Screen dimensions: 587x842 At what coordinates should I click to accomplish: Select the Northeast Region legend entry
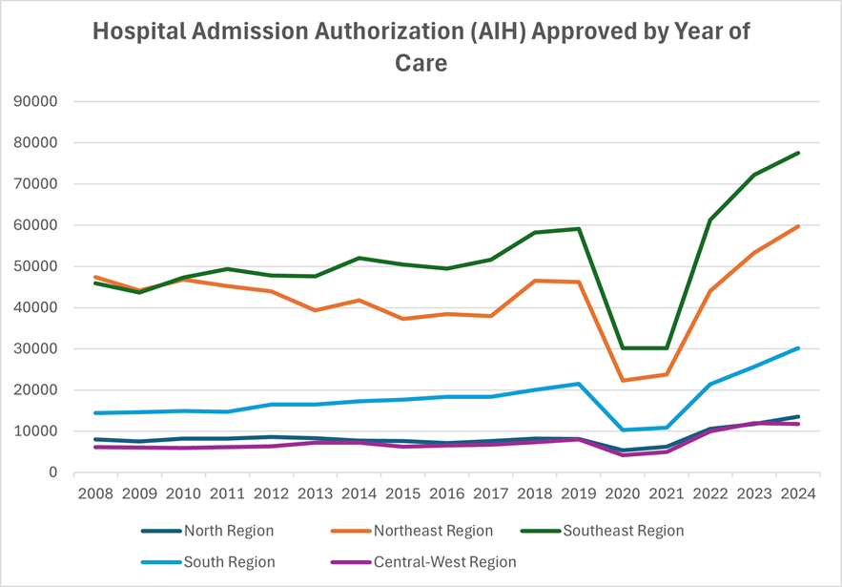point(432,531)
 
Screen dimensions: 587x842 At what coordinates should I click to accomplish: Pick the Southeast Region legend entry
point(624,531)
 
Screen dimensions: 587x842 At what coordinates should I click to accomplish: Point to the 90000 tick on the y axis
point(37,102)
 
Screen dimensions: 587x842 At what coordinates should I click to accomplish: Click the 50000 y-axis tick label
point(37,266)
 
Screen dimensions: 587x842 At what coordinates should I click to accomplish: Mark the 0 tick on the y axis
point(53,472)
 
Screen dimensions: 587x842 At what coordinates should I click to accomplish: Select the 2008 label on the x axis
point(96,494)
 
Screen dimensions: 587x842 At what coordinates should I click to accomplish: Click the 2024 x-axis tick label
point(798,494)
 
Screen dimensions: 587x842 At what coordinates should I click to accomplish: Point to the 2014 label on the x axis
point(359,494)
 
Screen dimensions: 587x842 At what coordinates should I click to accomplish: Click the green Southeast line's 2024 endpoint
point(798,153)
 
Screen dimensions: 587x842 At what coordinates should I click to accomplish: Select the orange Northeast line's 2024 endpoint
point(798,226)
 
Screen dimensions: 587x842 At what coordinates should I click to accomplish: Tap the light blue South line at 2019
point(579,384)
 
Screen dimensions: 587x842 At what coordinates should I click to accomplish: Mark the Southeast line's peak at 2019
point(579,229)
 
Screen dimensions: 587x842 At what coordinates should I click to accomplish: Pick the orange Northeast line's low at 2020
point(623,381)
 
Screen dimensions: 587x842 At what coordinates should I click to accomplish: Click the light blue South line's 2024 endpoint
point(798,348)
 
